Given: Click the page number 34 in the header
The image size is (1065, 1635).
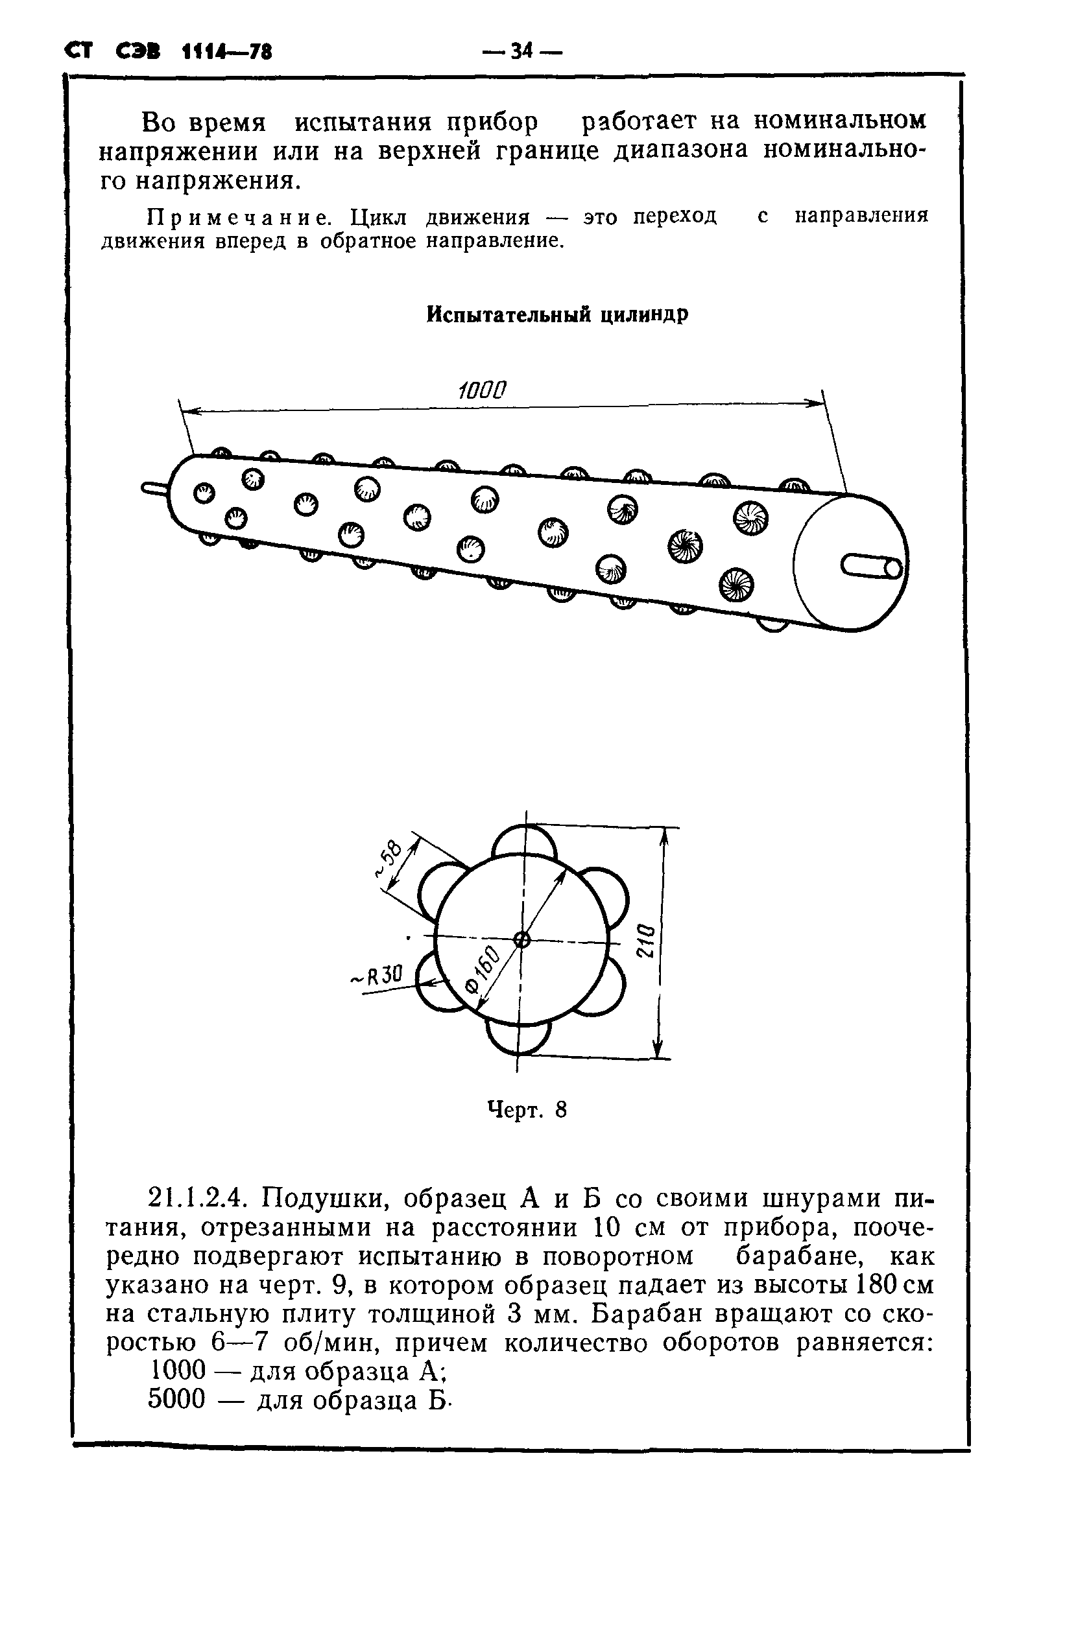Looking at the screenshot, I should pos(521,51).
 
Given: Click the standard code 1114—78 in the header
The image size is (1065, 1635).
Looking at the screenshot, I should pos(227,51).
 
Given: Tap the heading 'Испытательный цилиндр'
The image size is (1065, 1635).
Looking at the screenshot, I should pos(556,314).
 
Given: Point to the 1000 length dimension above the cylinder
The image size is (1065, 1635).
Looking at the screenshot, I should pos(482,391).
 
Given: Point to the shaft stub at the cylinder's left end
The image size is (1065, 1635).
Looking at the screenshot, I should pos(154,488).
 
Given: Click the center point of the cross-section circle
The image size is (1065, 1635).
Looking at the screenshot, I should pos(522,940).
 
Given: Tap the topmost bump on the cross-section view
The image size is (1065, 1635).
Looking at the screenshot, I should pos(525,840).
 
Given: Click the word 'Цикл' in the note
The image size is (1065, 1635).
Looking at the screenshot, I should pos(379,218).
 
